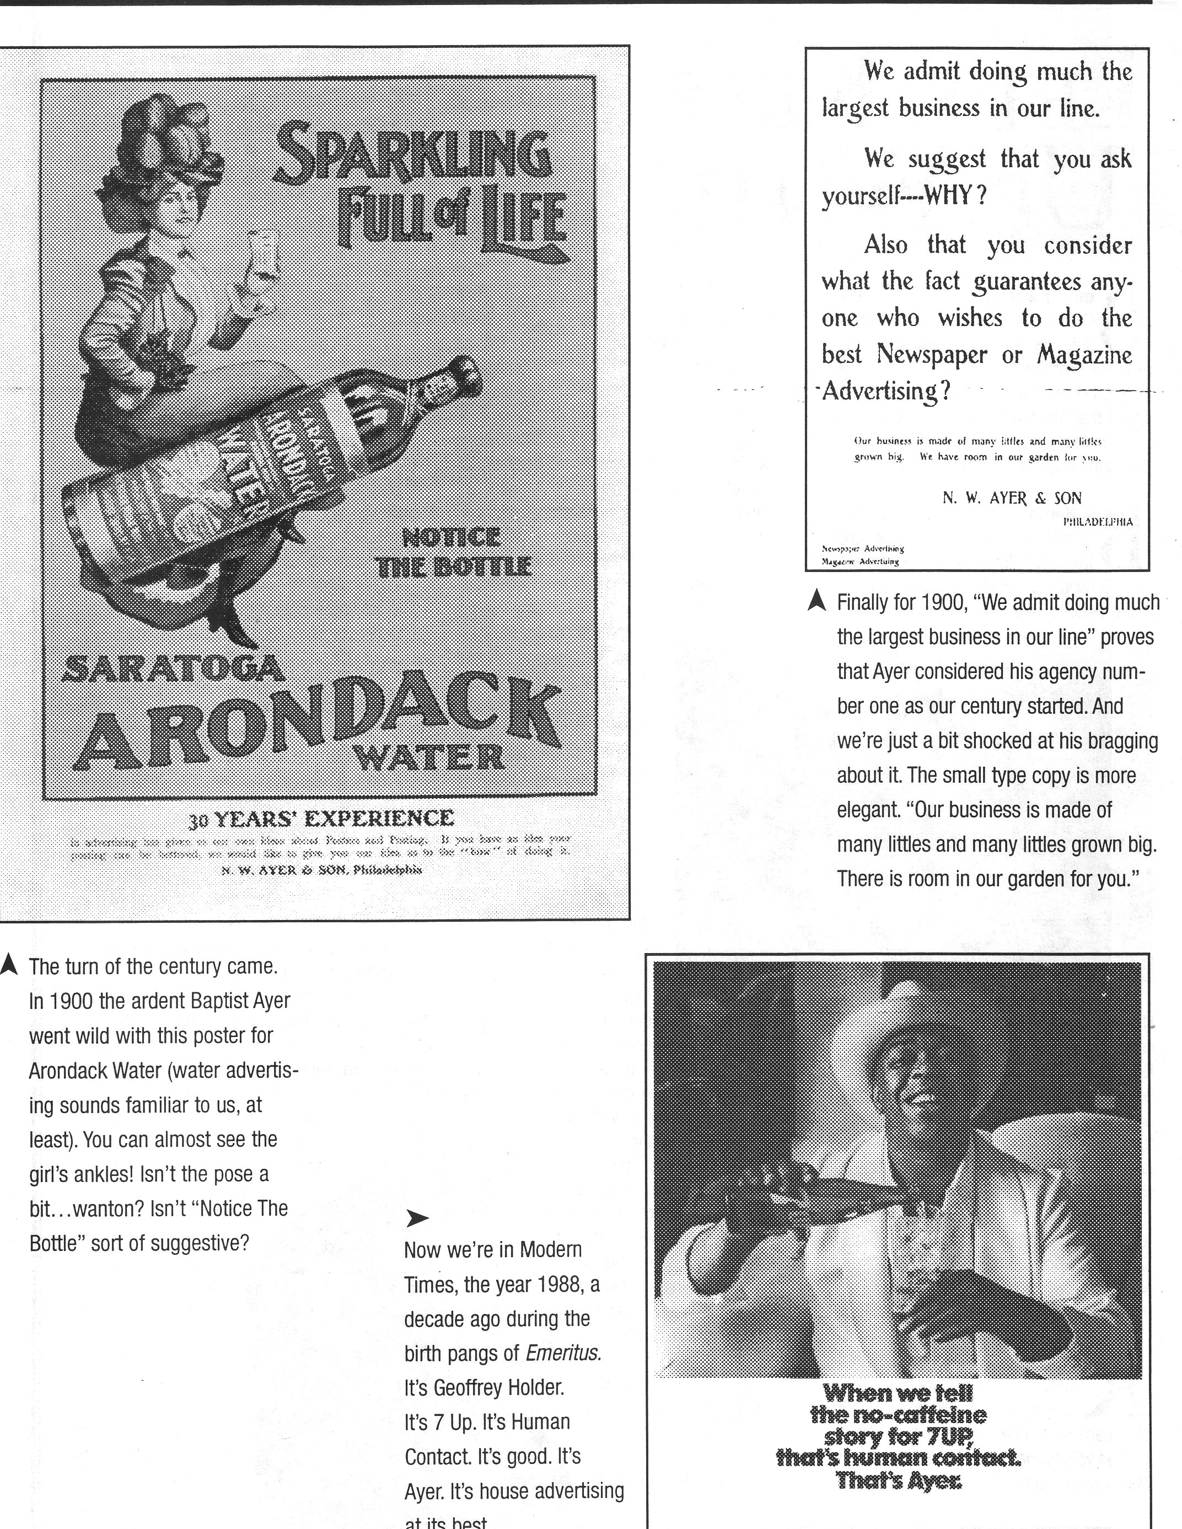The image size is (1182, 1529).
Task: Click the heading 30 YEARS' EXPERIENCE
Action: click(321, 817)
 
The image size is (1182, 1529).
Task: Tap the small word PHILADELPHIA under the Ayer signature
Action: click(1097, 522)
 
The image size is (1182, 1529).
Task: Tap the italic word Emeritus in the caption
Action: click(563, 1352)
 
